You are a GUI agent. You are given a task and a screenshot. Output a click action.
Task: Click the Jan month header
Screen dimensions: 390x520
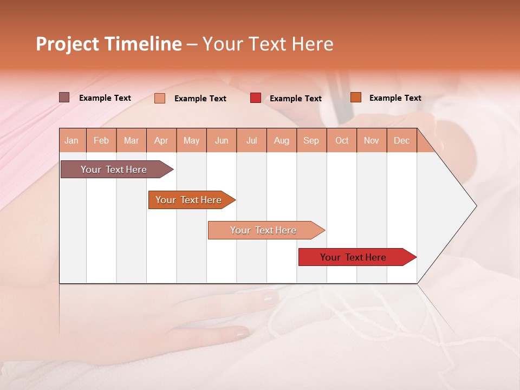pos(71,140)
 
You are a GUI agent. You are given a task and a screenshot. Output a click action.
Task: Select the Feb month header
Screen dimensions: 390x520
pos(101,140)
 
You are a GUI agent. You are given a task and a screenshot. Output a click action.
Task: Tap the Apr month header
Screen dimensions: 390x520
pos(161,140)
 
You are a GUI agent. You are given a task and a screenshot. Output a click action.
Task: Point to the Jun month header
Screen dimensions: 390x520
pos(222,140)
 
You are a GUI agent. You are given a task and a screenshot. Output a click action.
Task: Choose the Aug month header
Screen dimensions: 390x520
pos(281,140)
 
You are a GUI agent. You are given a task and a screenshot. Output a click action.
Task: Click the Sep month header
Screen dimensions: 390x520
pos(311,140)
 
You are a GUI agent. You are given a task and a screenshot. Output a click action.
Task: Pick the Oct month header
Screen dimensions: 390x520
pos(342,140)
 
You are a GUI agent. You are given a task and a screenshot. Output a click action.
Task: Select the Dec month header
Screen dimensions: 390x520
pos(401,140)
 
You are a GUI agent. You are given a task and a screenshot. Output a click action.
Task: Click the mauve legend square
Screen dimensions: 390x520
pos(64,97)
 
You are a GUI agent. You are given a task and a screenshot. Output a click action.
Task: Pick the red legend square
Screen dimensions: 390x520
pos(256,98)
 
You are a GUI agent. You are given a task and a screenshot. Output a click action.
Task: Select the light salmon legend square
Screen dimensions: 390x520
pos(160,98)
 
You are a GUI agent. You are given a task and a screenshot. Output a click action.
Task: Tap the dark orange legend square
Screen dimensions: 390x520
pos(356,97)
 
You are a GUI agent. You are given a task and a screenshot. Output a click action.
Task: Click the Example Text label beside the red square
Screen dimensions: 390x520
pos(295,99)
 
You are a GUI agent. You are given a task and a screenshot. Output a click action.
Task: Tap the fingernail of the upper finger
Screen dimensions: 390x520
pos(269,297)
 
